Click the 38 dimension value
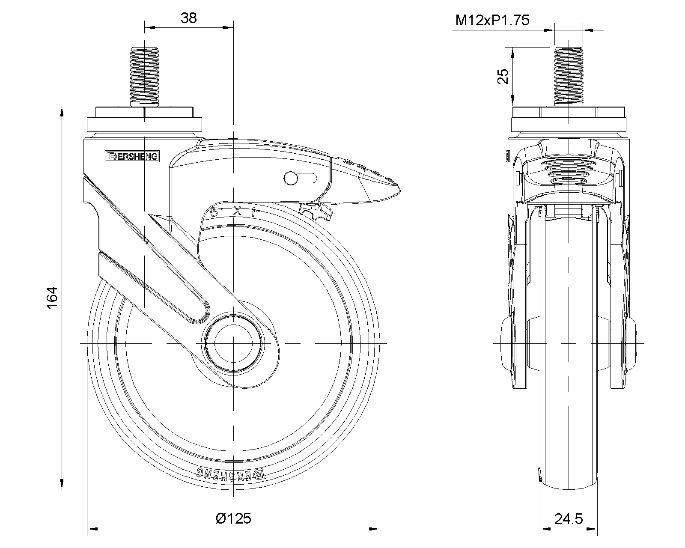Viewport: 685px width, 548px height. (x=188, y=18)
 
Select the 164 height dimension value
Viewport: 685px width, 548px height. (x=51, y=297)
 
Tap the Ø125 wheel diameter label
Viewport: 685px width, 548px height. (x=234, y=518)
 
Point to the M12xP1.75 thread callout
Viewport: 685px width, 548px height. (x=492, y=20)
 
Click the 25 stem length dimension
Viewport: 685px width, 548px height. (x=503, y=76)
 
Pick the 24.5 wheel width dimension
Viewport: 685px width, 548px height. (x=569, y=519)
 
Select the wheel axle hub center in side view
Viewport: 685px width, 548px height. (x=233, y=343)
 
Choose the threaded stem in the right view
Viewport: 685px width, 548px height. (x=569, y=76)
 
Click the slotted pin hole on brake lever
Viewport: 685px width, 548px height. (x=300, y=178)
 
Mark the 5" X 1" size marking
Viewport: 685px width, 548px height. (x=233, y=211)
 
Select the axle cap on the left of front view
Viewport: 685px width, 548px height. (x=506, y=343)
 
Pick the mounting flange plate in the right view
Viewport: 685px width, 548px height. (x=569, y=124)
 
